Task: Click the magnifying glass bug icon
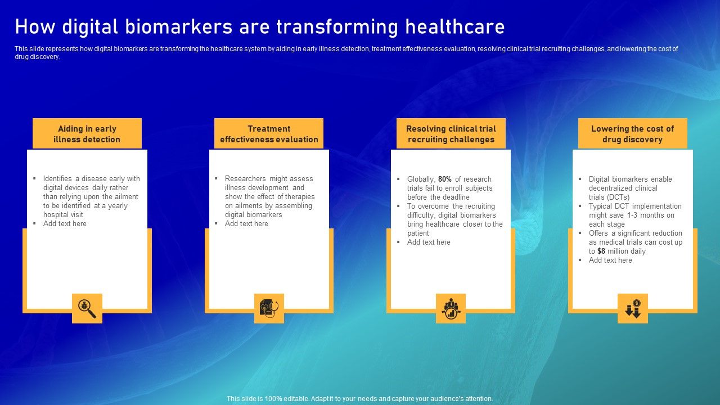(x=87, y=308)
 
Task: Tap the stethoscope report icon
(x=269, y=308)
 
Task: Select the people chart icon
(x=451, y=308)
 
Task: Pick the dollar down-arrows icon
(x=633, y=308)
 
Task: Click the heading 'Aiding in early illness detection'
(x=87, y=134)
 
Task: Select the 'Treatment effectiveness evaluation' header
(x=269, y=134)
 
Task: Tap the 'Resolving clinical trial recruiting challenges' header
(x=451, y=134)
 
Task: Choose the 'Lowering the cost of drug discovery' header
(x=633, y=134)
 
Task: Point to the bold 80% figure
(x=445, y=179)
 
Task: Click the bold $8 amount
(x=601, y=251)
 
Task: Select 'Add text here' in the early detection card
(x=65, y=224)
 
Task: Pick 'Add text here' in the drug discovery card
(x=610, y=260)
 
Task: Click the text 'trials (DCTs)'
(x=609, y=197)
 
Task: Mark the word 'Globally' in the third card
(x=420, y=179)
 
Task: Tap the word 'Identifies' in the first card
(x=58, y=179)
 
